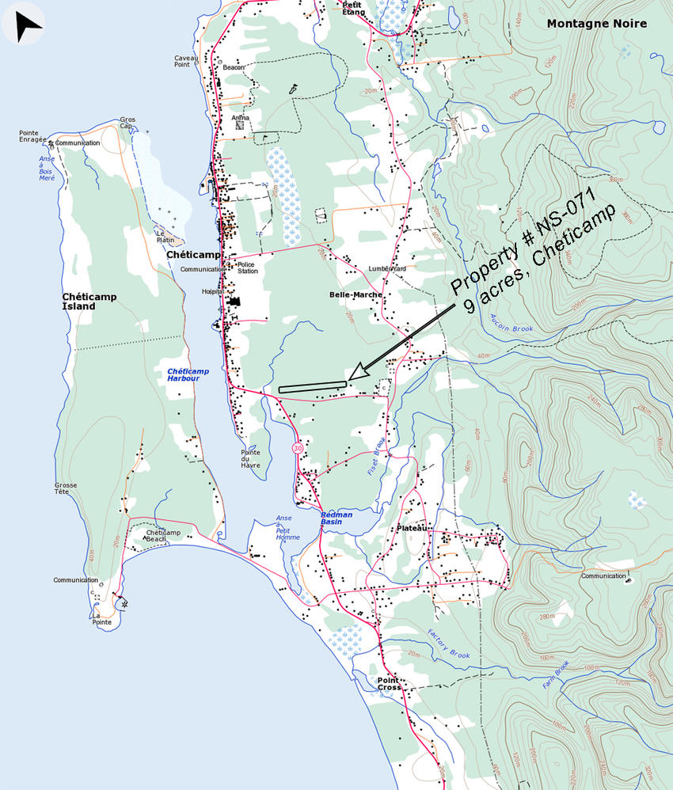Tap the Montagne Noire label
tap(596, 24)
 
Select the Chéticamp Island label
tap(89, 302)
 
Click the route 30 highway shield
tap(297, 448)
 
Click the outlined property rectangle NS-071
tap(313, 386)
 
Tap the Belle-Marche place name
tap(356, 294)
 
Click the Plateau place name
tap(413, 528)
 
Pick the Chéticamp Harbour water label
tap(184, 374)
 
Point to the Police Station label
tap(248, 268)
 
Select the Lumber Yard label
tap(386, 268)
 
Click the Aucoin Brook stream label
tap(511, 323)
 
